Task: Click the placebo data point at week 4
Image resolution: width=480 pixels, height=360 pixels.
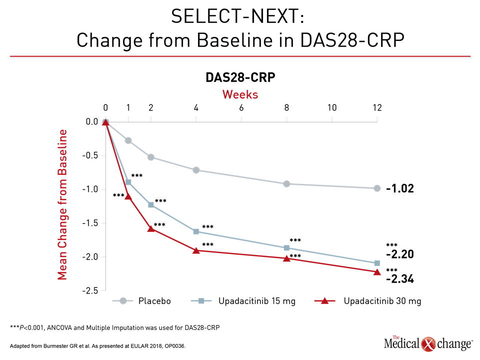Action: tap(196, 170)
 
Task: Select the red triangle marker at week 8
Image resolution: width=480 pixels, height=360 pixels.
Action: tap(286, 258)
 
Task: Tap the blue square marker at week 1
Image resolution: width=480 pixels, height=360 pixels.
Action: tap(128, 182)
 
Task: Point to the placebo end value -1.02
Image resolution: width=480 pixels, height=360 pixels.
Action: tap(400, 188)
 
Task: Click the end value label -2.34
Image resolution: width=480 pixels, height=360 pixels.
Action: tap(400, 279)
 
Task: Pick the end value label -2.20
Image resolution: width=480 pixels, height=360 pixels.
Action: tap(400, 254)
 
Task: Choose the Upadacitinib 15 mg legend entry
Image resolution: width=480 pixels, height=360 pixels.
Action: tap(243, 301)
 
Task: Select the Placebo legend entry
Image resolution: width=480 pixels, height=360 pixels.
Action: tap(141, 301)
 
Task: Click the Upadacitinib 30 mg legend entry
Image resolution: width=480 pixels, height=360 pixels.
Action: tap(368, 301)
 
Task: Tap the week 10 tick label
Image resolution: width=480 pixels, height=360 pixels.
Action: tap(332, 108)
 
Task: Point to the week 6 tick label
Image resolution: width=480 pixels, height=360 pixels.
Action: tap(241, 108)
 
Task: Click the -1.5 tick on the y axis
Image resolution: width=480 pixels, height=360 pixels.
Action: tap(90, 223)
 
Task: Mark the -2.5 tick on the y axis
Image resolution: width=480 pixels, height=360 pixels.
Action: tap(90, 290)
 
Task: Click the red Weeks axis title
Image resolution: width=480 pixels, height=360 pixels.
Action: tap(240, 94)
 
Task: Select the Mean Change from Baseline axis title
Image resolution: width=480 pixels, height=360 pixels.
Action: tap(62, 204)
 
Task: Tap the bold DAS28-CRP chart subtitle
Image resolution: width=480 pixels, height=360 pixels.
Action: tap(240, 77)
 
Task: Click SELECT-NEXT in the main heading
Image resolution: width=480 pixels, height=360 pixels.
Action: tap(237, 16)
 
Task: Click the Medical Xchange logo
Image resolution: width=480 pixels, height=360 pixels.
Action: tap(428, 343)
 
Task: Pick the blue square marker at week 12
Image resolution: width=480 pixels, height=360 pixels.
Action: tap(377, 263)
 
